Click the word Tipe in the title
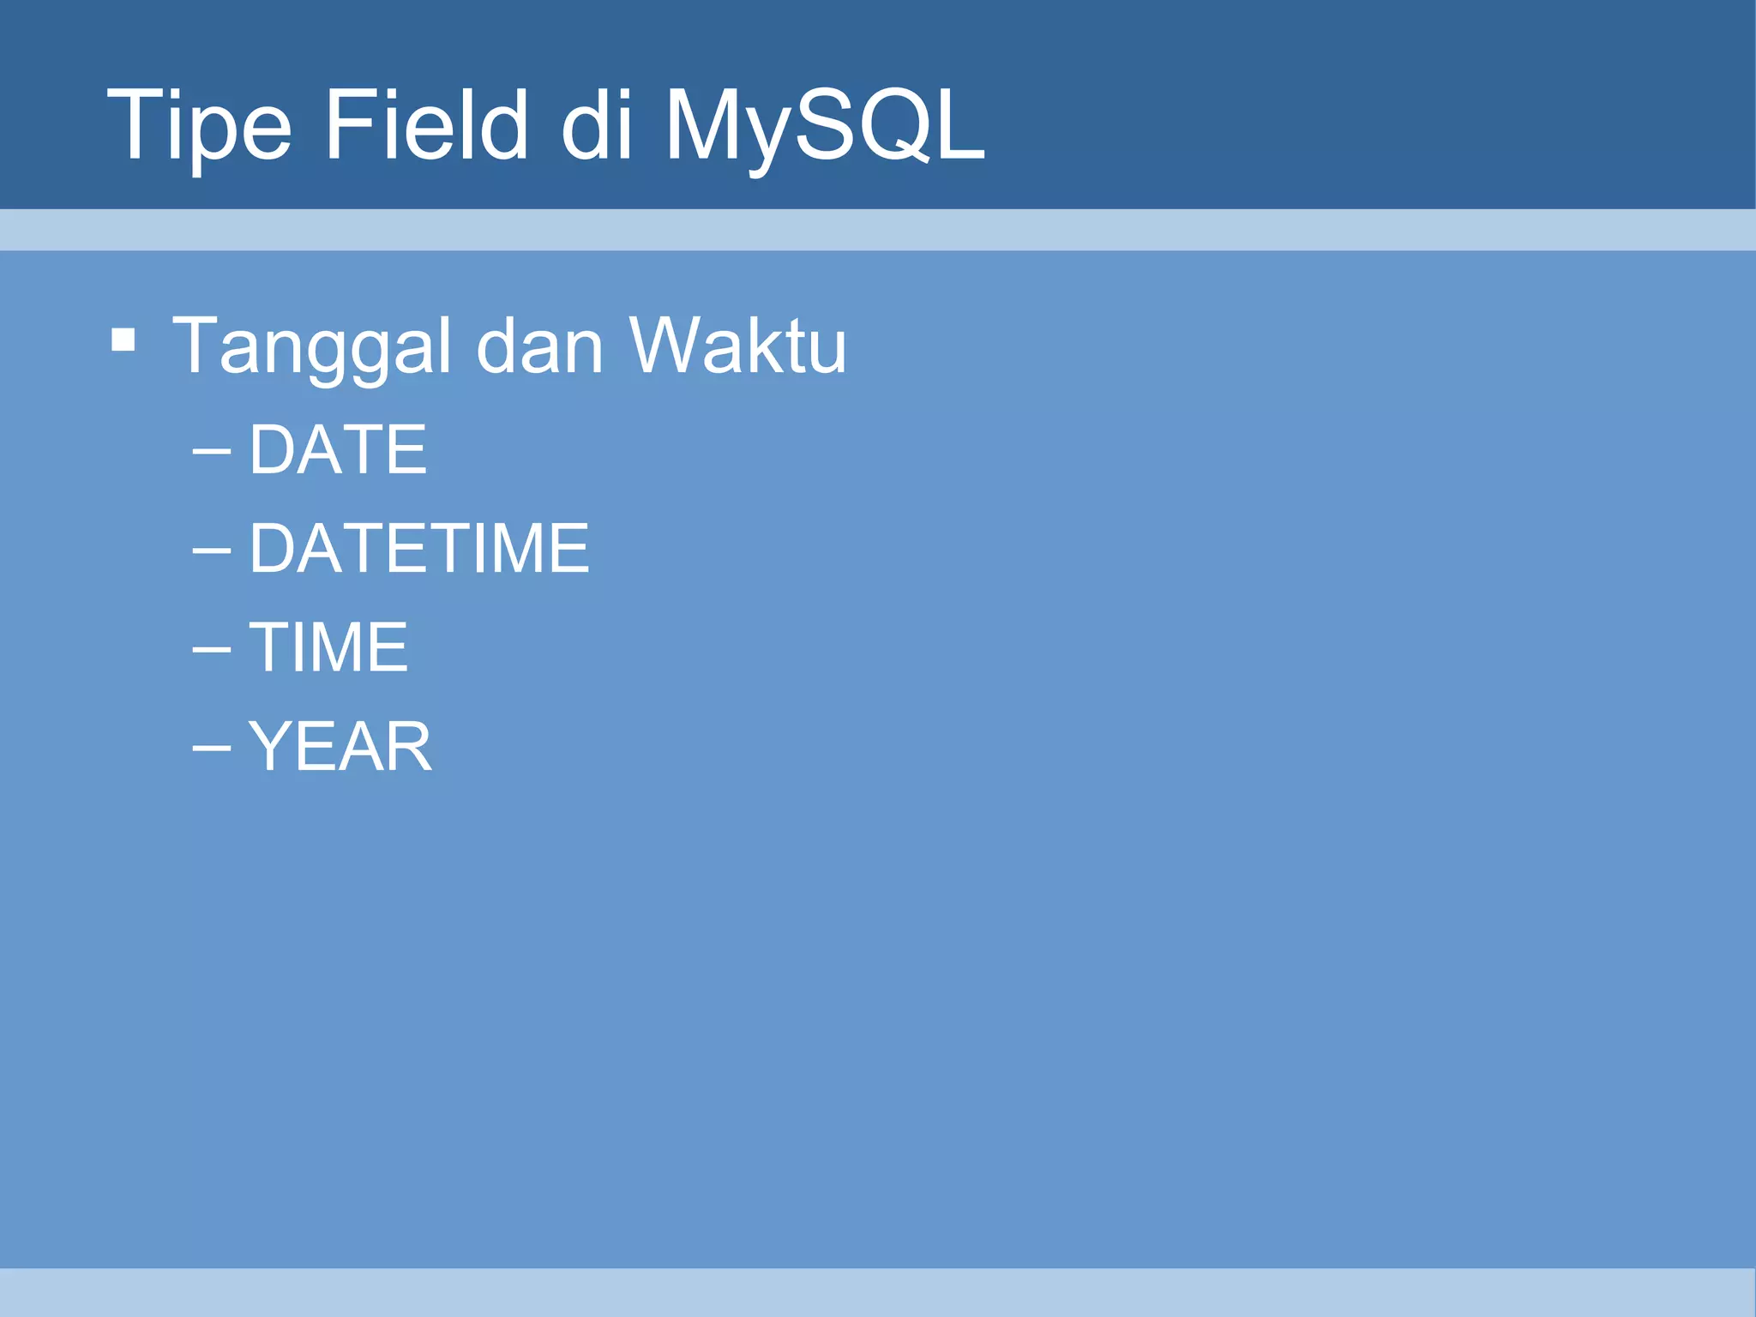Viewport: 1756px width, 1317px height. pos(199,127)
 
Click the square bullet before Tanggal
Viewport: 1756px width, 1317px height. pos(123,340)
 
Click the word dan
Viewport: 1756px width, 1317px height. pos(539,346)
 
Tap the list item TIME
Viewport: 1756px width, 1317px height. pos(328,647)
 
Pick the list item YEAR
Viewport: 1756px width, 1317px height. pos(340,747)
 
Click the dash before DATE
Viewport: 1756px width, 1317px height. pos(212,451)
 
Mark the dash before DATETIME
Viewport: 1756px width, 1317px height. pos(212,550)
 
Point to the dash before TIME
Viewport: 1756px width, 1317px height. pos(212,649)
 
